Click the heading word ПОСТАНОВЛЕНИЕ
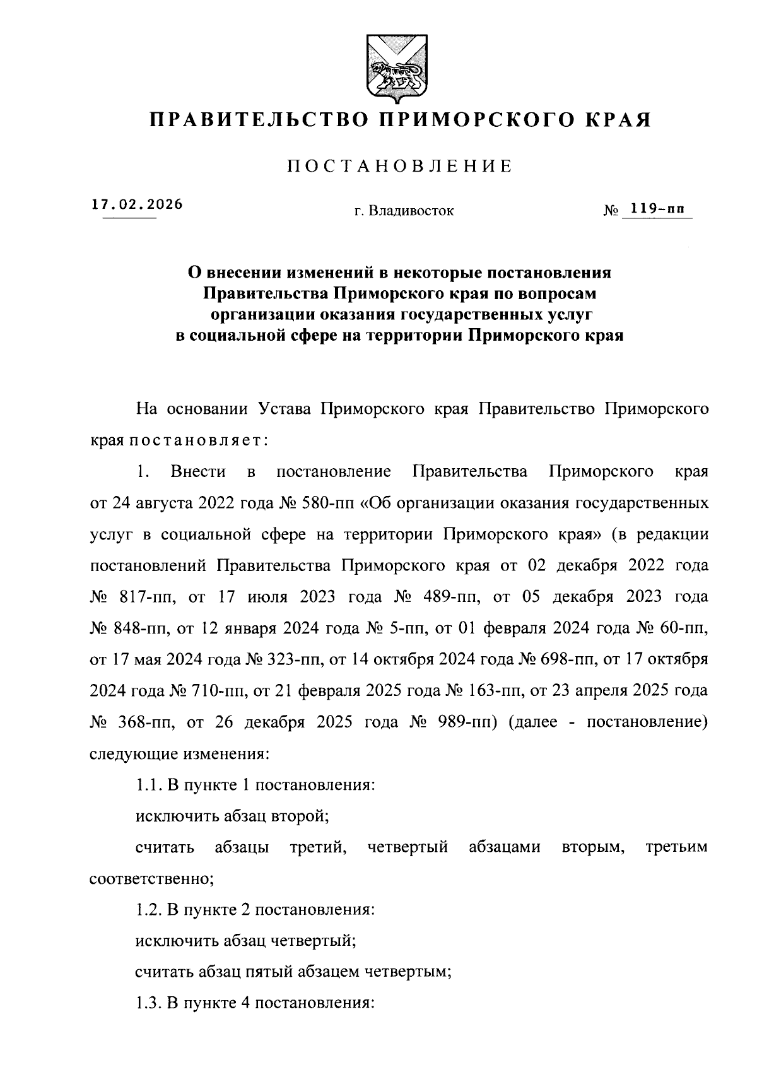[x=400, y=167]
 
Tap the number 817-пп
[x=145, y=597]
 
